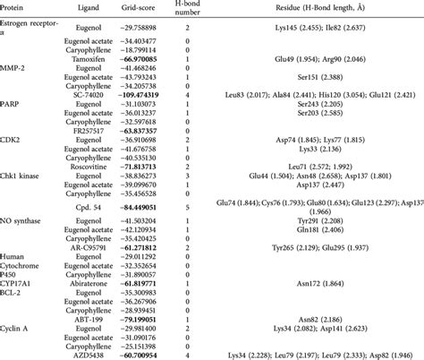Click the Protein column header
click(15, 6)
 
